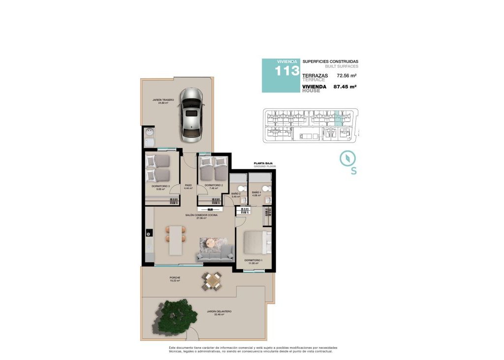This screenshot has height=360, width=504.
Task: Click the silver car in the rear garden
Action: coord(191,114)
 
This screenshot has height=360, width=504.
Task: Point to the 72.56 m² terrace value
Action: coord(346,76)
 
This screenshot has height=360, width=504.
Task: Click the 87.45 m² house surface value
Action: coord(345,87)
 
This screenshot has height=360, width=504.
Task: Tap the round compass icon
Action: coord(347,158)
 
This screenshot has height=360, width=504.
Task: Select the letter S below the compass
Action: coord(353,171)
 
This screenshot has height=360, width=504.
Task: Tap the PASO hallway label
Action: coord(188,185)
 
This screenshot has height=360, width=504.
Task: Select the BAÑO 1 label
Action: coord(256,192)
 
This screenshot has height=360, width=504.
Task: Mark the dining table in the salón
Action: coord(176,240)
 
